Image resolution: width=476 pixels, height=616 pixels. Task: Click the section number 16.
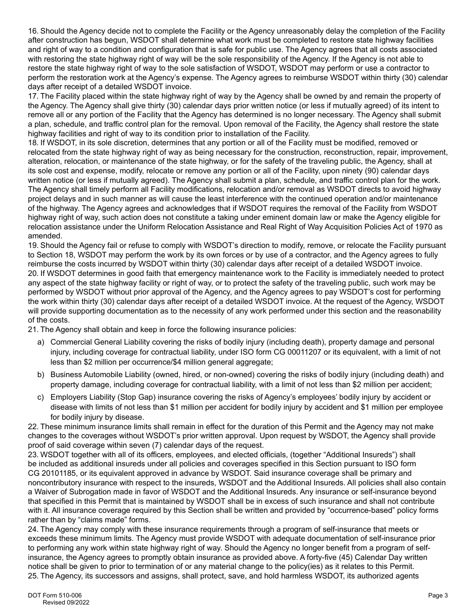tap(33, 31)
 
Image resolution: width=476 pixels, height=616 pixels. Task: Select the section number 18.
tap(33, 143)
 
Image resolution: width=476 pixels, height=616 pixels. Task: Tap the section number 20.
tap(33, 273)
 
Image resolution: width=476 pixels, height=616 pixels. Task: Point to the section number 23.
tap(33, 455)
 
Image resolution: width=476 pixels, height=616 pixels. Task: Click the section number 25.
tap(33, 576)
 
